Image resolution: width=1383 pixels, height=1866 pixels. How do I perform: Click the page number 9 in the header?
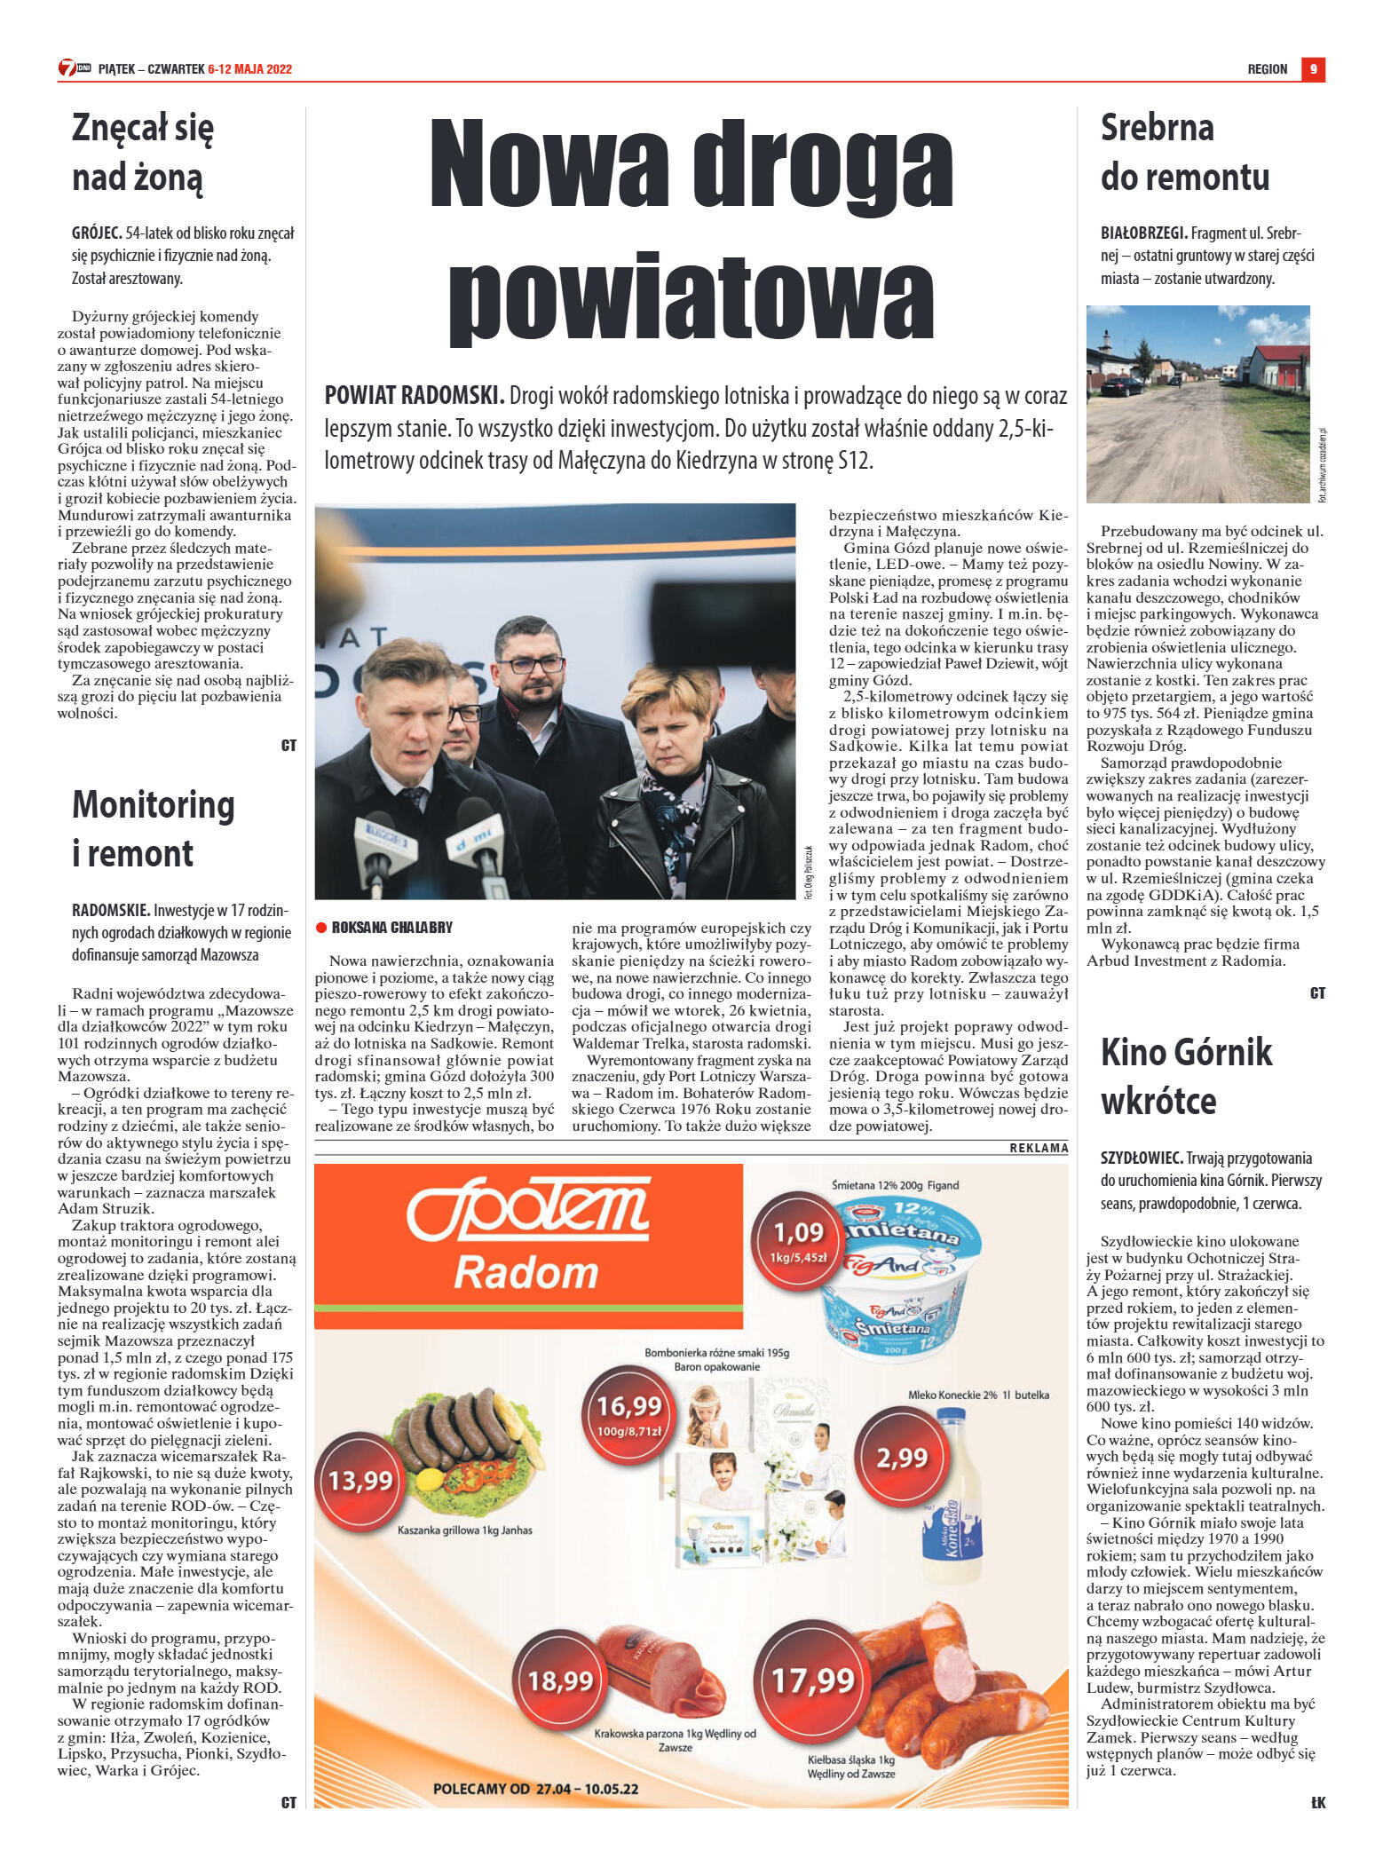(x=1313, y=69)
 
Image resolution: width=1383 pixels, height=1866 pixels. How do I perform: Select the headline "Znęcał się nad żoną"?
(x=142, y=153)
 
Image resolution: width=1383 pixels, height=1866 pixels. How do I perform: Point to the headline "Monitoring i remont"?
(x=153, y=828)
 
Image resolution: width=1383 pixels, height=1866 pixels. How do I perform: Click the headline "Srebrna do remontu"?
(x=1184, y=153)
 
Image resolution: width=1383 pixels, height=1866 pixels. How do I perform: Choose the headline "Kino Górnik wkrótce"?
(x=1186, y=1076)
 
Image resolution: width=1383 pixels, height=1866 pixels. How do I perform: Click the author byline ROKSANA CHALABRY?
(x=391, y=928)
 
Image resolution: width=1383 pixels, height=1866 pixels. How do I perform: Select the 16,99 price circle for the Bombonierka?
(x=629, y=1414)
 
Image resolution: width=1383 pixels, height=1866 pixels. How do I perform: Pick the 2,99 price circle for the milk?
(x=902, y=1458)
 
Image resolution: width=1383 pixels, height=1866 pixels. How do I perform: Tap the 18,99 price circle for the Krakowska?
(x=560, y=1680)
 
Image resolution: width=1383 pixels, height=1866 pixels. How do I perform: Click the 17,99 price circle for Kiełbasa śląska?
(x=812, y=1680)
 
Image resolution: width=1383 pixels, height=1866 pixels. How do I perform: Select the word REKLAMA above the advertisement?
(x=1039, y=1148)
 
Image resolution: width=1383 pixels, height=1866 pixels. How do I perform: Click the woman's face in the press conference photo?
(x=667, y=716)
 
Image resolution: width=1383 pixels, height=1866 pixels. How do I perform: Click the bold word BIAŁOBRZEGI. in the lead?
(x=1144, y=233)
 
